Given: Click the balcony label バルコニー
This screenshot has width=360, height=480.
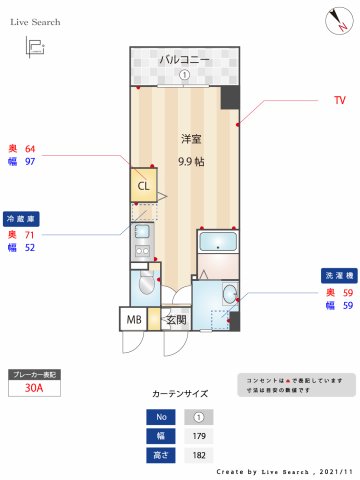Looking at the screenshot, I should [x=185, y=60].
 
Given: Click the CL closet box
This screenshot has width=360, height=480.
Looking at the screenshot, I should [x=143, y=185].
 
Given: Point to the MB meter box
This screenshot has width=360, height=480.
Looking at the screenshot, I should [x=133, y=320].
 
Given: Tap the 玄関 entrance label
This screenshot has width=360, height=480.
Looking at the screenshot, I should [x=176, y=320].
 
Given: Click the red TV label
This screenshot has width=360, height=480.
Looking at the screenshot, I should [x=340, y=101].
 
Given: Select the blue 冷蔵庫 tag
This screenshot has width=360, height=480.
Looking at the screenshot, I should [x=22, y=217].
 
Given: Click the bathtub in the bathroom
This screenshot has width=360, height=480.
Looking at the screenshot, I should [x=218, y=242].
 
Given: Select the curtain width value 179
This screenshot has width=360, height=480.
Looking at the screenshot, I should [x=198, y=436].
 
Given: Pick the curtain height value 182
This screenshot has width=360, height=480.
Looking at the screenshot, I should [x=198, y=455].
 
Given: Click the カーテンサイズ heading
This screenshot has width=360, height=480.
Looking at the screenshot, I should [x=180, y=394].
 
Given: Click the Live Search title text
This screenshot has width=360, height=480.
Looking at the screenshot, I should [x=36, y=21].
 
